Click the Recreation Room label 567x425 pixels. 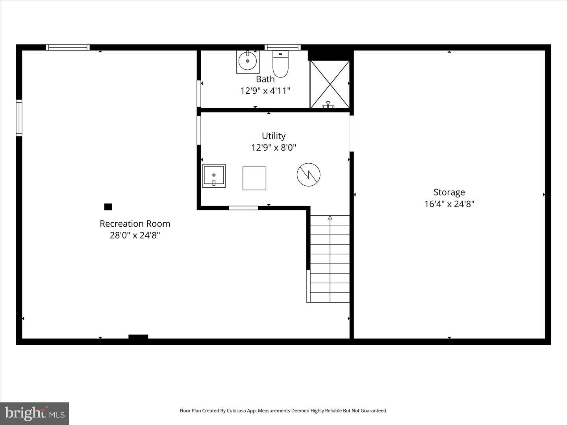(x=135, y=224)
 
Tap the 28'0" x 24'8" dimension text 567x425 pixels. (x=135, y=235)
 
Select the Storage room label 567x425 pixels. (x=449, y=192)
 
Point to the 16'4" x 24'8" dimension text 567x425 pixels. (x=449, y=204)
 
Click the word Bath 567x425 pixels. (x=265, y=79)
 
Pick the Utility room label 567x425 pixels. (x=274, y=136)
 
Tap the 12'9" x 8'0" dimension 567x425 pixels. (x=274, y=148)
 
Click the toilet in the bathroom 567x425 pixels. (x=280, y=64)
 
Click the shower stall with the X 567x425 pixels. (x=330, y=84)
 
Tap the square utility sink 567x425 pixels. (x=214, y=176)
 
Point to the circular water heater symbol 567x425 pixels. (x=309, y=175)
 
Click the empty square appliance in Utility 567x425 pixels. (x=254, y=178)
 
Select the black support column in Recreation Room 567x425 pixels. (x=108, y=207)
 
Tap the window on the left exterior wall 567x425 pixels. (x=19, y=118)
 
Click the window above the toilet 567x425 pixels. (x=283, y=48)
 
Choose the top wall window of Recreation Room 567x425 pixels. (x=68, y=48)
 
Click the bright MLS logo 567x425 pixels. (x=35, y=414)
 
